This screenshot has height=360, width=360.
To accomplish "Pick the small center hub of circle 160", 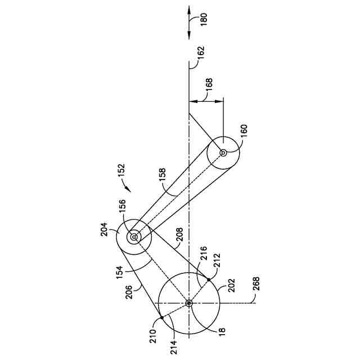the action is [223, 152].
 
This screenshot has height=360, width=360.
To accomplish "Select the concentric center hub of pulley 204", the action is [134, 237].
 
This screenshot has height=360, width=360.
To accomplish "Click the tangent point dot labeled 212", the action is [208, 279].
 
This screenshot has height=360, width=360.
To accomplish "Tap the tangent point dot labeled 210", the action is [161, 318].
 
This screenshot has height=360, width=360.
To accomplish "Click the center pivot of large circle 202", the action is [188, 303].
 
